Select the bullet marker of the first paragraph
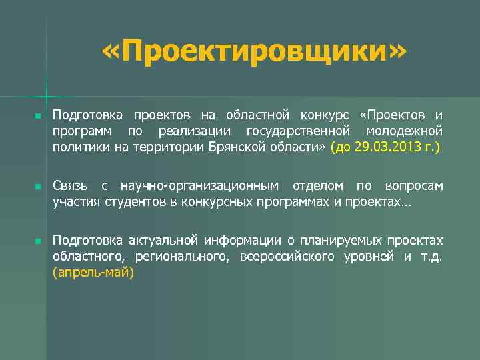39,117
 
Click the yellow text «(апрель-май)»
93,272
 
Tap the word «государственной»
299,131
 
